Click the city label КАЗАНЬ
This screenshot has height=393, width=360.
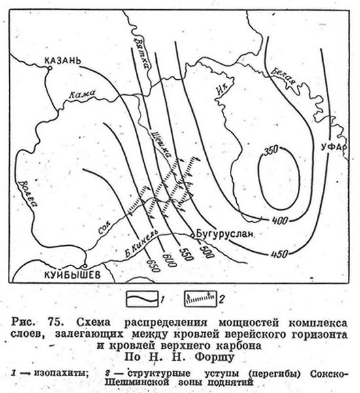coord(63,61)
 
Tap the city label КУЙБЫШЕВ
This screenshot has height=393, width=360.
coord(73,275)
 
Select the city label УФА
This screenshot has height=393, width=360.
coord(332,147)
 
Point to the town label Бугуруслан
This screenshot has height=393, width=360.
coord(225,234)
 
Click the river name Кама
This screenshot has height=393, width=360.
coord(82,94)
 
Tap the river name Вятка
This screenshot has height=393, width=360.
coord(141,52)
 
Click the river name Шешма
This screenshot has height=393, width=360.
coord(161,145)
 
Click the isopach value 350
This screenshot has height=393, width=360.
coord(271,150)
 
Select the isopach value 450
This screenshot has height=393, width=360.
coord(279,254)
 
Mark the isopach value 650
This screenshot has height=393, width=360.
coord(153,265)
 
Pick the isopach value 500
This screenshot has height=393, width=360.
coord(206,251)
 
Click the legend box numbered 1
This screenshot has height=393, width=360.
coord(142,299)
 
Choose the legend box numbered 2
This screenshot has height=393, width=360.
coord(201,299)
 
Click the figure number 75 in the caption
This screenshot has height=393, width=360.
coord(54,322)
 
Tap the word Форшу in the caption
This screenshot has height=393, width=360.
coord(214,357)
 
